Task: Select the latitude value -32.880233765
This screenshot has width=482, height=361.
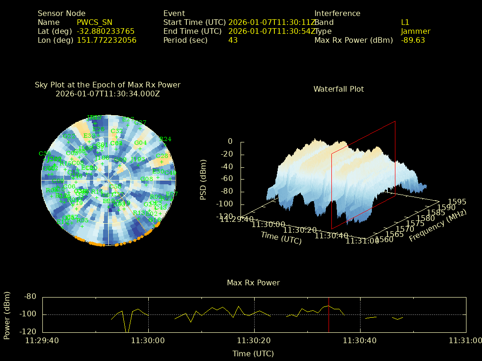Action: (105, 31)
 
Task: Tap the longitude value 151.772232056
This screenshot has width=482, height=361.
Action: (106, 40)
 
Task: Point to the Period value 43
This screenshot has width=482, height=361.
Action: (233, 40)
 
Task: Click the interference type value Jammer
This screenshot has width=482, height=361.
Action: (416, 31)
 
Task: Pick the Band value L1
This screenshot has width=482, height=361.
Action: (405, 23)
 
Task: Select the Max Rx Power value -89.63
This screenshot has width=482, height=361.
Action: (413, 40)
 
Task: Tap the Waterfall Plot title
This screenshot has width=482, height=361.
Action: (338, 89)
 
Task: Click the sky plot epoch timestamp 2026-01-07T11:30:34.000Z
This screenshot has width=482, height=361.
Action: (108, 94)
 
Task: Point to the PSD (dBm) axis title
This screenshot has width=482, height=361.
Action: (203, 180)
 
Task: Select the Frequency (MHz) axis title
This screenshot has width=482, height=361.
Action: (437, 225)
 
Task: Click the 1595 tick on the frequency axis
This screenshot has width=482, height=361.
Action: (458, 202)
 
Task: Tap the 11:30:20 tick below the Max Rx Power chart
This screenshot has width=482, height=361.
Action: (254, 340)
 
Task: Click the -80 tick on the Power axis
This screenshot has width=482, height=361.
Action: (31, 297)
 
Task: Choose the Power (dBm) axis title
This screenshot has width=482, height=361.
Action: (7, 314)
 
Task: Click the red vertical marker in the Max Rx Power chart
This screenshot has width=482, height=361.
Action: (329, 315)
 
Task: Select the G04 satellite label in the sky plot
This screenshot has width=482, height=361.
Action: (140, 143)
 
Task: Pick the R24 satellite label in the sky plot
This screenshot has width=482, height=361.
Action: (165, 139)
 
